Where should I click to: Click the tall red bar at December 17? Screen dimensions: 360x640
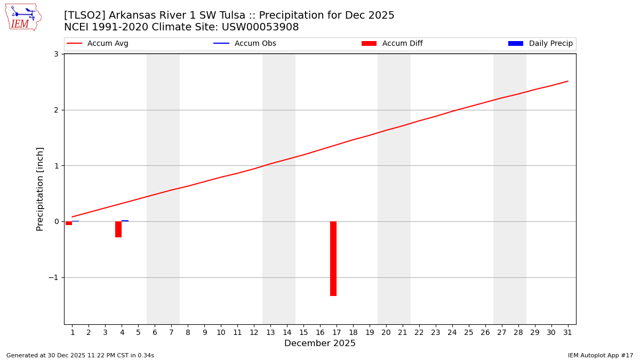(x=333, y=259)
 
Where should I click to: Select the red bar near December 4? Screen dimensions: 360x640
(x=118, y=229)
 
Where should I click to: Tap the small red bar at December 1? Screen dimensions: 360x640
(x=69, y=223)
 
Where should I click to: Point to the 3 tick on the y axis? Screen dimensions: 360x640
(x=55, y=54)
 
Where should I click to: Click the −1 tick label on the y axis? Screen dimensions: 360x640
(x=53, y=277)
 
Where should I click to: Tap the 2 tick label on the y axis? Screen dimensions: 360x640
(x=55, y=110)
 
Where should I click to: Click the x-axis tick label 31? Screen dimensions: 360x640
(x=567, y=332)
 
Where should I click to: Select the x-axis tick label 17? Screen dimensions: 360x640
(x=337, y=332)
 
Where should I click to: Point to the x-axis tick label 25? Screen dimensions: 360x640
(x=469, y=332)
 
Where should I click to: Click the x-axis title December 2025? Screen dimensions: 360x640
(x=320, y=343)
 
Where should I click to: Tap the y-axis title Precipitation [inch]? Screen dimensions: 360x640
(x=41, y=189)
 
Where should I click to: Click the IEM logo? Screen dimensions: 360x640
(x=23, y=17)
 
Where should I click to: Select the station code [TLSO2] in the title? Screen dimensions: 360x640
(x=85, y=15)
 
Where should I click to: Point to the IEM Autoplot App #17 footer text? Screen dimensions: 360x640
(x=600, y=355)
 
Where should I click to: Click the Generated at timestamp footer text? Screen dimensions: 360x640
(x=80, y=355)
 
